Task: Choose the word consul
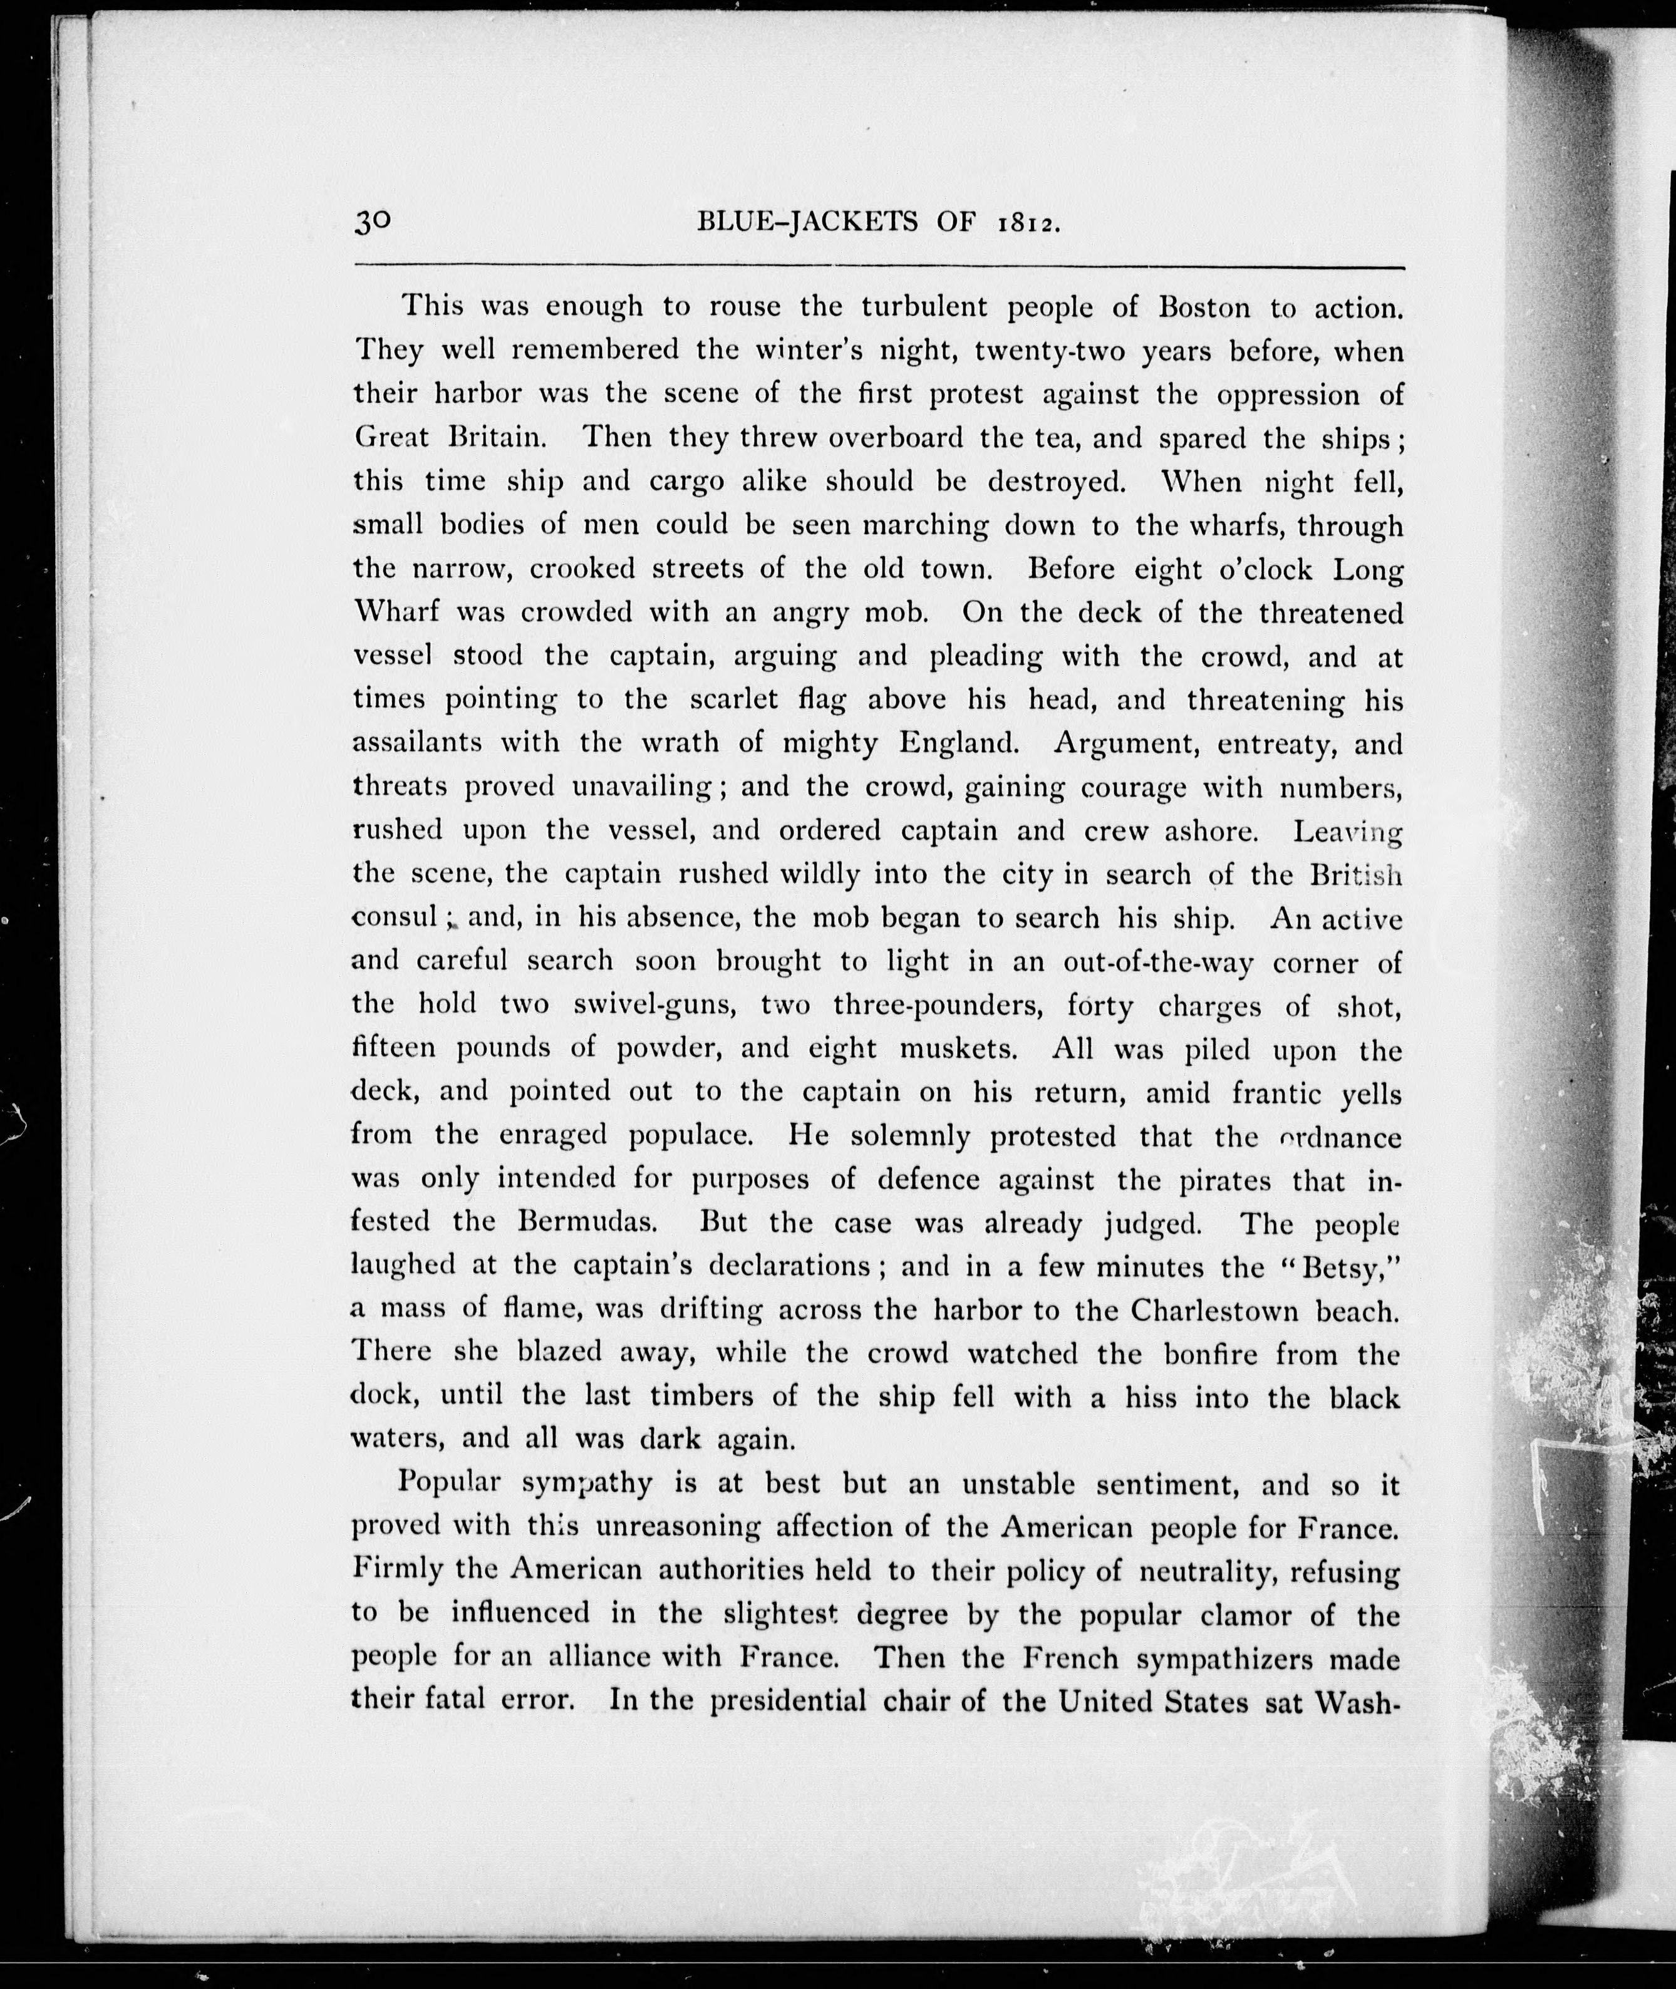point(395,919)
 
